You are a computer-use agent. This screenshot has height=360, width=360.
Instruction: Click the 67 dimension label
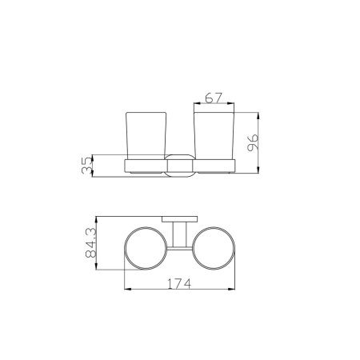point(214,98)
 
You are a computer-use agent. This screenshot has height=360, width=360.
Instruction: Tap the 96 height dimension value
point(253,142)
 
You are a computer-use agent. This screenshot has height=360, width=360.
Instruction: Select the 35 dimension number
point(87,166)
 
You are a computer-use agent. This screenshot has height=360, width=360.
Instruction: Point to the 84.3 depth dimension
point(91,242)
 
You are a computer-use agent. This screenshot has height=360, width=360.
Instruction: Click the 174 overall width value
point(179,284)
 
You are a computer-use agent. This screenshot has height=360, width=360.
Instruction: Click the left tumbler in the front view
point(146,136)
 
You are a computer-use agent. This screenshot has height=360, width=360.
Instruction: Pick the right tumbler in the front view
point(214,136)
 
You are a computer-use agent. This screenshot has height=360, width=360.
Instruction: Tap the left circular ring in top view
point(125,248)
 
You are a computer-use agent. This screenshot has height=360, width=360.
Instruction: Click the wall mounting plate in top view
point(180,219)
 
